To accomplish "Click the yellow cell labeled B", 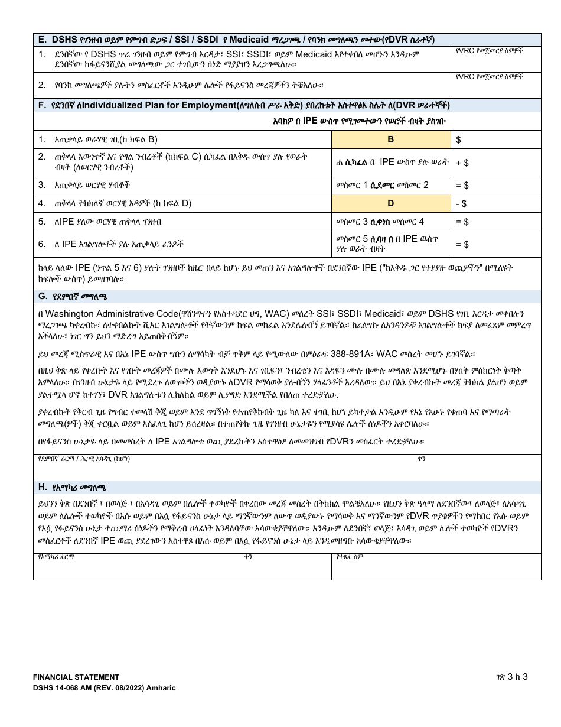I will coord(390,140).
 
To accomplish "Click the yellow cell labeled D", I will coord(390,204).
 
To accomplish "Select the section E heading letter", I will coord(42,40).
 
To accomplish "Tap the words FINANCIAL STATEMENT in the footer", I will coord(76,677).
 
